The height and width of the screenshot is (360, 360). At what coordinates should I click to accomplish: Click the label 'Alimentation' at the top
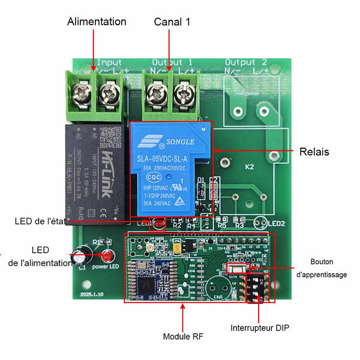[x=97, y=22]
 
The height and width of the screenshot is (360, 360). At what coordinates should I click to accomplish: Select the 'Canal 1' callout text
[x=172, y=22]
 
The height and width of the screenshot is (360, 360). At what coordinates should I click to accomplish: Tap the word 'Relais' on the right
[x=314, y=152]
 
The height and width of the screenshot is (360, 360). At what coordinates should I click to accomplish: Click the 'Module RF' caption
[x=183, y=337]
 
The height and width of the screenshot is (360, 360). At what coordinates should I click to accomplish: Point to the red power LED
[x=108, y=254]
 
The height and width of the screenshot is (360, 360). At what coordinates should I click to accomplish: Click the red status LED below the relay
[x=160, y=225]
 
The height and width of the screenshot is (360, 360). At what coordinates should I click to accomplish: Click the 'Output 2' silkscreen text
[x=246, y=62]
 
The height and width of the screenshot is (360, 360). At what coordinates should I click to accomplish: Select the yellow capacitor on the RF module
[x=176, y=248]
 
